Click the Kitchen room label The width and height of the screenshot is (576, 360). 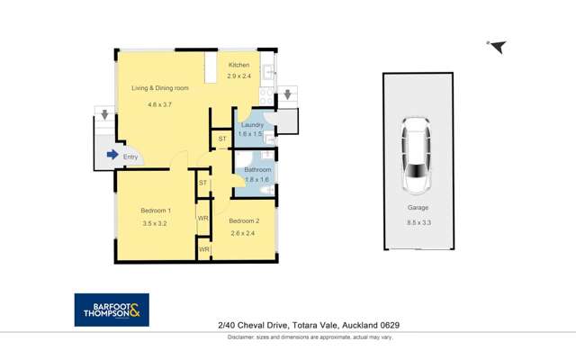[238, 65]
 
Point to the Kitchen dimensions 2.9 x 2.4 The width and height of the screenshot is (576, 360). [238, 76]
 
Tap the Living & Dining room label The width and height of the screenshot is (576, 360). [159, 88]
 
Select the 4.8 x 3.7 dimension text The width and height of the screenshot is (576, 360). [159, 105]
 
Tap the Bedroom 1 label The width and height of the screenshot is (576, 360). [156, 211]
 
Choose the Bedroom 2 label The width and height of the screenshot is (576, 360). [244, 220]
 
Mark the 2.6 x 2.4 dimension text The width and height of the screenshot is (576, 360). [244, 233]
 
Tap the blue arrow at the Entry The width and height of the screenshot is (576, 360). [112, 155]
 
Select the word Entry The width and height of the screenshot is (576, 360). [131, 156]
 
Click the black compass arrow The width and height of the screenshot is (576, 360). [497, 47]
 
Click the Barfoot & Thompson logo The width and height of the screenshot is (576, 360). [112, 310]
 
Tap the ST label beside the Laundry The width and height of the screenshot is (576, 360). [222, 139]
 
